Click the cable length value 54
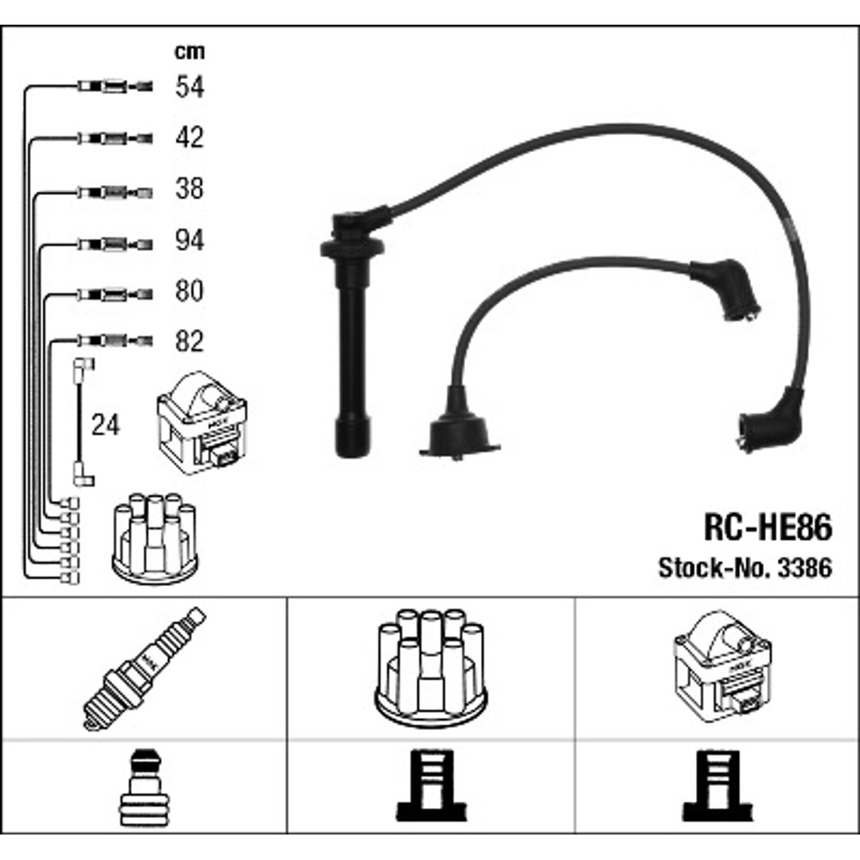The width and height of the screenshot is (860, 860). click(x=190, y=87)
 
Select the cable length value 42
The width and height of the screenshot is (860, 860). click(x=190, y=137)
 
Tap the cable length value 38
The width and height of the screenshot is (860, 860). click(x=190, y=188)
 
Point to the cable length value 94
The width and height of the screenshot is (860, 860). click(x=190, y=240)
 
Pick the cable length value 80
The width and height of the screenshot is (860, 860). click(x=190, y=291)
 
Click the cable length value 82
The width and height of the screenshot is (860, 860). click(x=190, y=341)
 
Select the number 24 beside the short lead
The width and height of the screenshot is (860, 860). click(x=105, y=425)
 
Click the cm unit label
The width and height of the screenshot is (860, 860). click(x=190, y=52)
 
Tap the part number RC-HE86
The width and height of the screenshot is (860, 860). click(x=768, y=527)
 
